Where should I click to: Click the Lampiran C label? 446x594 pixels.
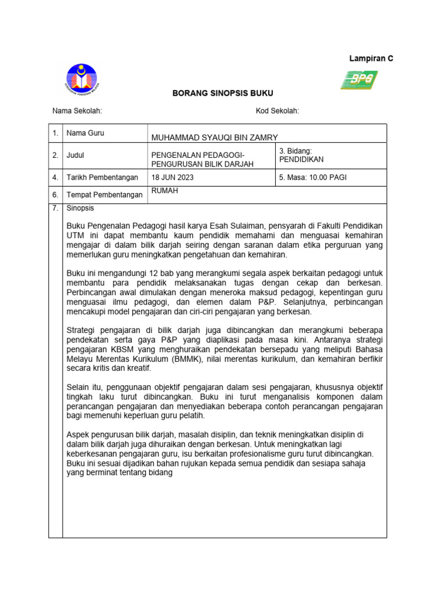[x=371, y=59]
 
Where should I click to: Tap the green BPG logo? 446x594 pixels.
[x=359, y=80]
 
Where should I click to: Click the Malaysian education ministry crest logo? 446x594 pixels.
[x=82, y=79]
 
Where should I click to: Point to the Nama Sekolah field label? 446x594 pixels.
[x=77, y=111]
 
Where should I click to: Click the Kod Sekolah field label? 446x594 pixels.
[x=277, y=111]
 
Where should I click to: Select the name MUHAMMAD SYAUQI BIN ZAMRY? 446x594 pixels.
[x=214, y=137]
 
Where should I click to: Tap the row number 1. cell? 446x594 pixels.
[x=55, y=133]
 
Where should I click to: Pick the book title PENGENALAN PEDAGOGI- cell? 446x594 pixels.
[x=198, y=155]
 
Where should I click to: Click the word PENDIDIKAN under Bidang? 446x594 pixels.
[x=301, y=160]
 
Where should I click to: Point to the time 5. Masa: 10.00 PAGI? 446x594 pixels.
[x=312, y=178]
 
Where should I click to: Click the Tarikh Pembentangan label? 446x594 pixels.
[x=102, y=178]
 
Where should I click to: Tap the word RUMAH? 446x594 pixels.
[x=164, y=190]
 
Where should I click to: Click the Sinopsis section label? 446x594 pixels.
[x=80, y=208]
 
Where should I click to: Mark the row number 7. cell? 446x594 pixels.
[x=55, y=208]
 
